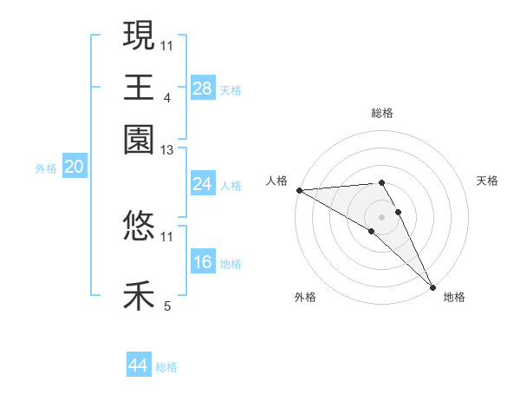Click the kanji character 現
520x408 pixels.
coord(139,36)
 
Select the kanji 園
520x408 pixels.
coord(139,138)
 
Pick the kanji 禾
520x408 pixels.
coord(139,295)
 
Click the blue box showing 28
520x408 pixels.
coord(203,89)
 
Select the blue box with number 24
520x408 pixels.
coord(203,184)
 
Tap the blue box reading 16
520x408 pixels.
coord(203,262)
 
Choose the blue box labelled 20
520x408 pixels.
coord(75,168)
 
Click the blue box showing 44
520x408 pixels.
coord(139,366)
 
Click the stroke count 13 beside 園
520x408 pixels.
coord(167,151)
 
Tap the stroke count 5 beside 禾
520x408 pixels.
coord(167,306)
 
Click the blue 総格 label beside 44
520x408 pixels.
coord(166,368)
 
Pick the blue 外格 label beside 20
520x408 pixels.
coord(46,168)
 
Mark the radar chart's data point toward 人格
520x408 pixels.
coord(299,190)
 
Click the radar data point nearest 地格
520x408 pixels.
coord(432,287)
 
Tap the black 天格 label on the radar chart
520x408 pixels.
coord(487,181)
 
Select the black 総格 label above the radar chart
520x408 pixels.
coord(381,113)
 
